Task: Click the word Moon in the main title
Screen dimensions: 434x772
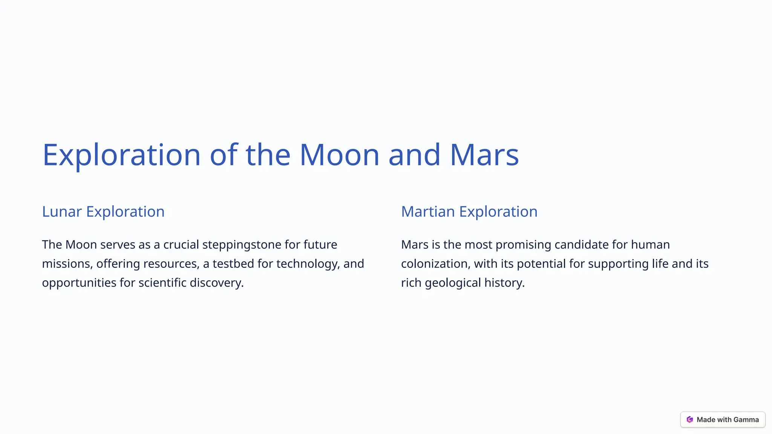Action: pyautogui.click(x=339, y=155)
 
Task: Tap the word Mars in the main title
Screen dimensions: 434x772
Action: pyautogui.click(x=484, y=155)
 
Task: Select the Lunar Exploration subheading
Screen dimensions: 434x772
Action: pyautogui.click(x=103, y=212)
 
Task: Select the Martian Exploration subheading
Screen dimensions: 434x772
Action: pyautogui.click(x=469, y=212)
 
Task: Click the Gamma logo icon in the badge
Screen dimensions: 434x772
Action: pyautogui.click(x=690, y=420)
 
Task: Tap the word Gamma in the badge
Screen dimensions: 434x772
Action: pyautogui.click(x=746, y=420)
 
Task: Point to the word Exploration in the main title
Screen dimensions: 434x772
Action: pyautogui.click(x=121, y=155)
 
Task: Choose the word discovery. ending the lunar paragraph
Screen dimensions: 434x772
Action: pyautogui.click(x=217, y=283)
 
